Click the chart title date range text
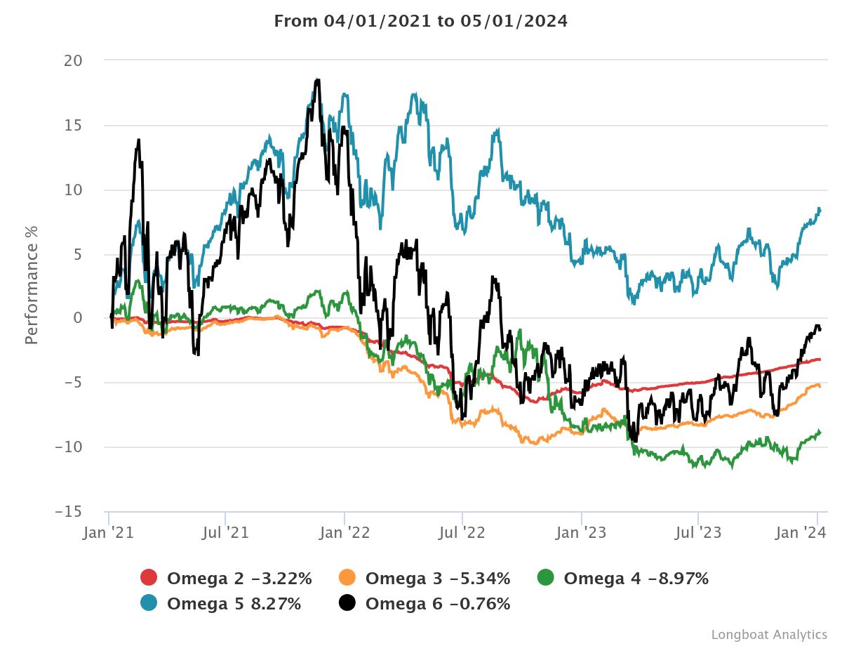(420, 21)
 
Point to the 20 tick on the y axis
(73, 61)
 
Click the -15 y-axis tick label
(69, 512)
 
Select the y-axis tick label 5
(77, 254)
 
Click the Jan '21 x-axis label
(109, 533)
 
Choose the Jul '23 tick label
(699, 533)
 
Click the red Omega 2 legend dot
(149, 579)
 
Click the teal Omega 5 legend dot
(149, 602)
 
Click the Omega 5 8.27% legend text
(234, 602)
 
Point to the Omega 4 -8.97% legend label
(636, 579)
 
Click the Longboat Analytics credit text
(769, 634)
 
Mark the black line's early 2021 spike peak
(139, 140)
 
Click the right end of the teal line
(820, 209)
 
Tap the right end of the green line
(820, 431)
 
